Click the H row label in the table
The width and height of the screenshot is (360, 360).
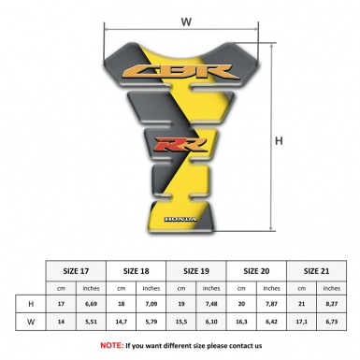[x=32, y=304]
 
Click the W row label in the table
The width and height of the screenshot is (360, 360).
[x=32, y=322]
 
